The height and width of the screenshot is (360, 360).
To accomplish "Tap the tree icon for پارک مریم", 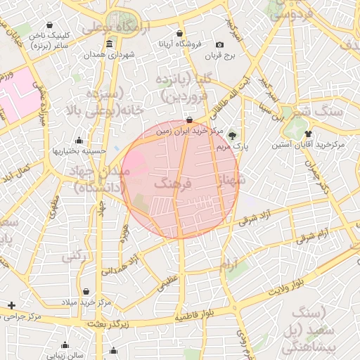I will pos(233,134).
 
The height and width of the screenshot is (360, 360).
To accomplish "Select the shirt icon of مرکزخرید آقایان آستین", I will pos(307,133).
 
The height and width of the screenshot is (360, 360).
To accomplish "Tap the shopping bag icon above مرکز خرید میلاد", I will pos(86,291).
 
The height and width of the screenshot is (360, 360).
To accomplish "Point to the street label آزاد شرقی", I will pos(255,218).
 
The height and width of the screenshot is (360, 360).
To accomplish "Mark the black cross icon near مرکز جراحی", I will pos(11,305).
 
